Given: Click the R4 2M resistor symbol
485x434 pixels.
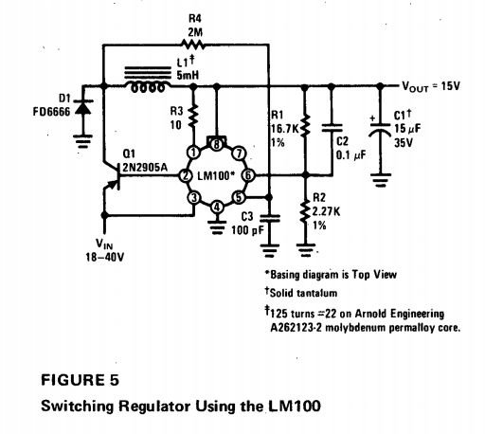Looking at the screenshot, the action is point(193,45).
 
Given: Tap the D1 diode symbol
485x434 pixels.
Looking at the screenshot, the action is point(83,107).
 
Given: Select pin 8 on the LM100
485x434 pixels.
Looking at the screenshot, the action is point(217,144).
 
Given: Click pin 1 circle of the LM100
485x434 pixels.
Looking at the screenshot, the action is point(193,153).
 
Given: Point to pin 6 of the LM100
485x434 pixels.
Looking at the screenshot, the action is point(248,175).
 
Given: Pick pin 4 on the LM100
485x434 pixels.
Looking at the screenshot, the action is point(217,208).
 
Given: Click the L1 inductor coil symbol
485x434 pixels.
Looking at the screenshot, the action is point(148,79).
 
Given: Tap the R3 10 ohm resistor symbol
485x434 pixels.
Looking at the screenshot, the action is point(193,116).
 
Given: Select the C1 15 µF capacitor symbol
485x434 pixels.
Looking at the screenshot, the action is point(380,129).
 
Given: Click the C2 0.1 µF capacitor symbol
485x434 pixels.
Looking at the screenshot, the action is point(332,128).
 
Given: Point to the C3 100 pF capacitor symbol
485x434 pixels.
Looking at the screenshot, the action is point(269,219).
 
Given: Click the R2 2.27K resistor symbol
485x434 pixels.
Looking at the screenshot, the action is point(305,211).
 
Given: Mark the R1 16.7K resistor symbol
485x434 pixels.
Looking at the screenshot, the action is point(305,126).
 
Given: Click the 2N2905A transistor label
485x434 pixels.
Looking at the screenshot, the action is point(145,167).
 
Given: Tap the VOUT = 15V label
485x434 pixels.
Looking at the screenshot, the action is point(431,86).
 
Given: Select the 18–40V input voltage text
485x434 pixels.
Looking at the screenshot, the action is point(105,257).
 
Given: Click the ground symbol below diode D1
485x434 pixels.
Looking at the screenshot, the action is point(83,141).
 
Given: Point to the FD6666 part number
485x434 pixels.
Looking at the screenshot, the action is point(51,112).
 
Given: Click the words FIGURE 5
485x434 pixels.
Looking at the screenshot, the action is point(80,380).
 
